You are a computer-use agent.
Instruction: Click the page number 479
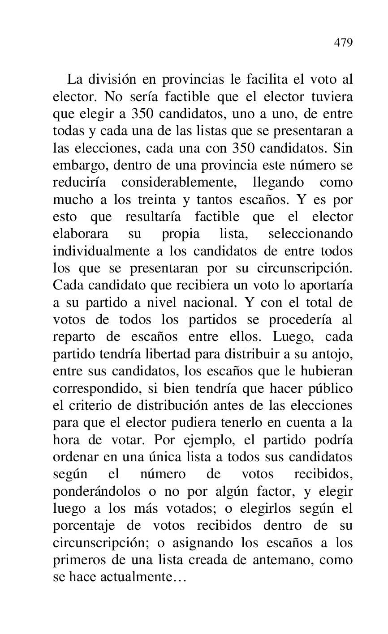tap(343, 43)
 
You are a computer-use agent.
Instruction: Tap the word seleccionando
tap(310, 234)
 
